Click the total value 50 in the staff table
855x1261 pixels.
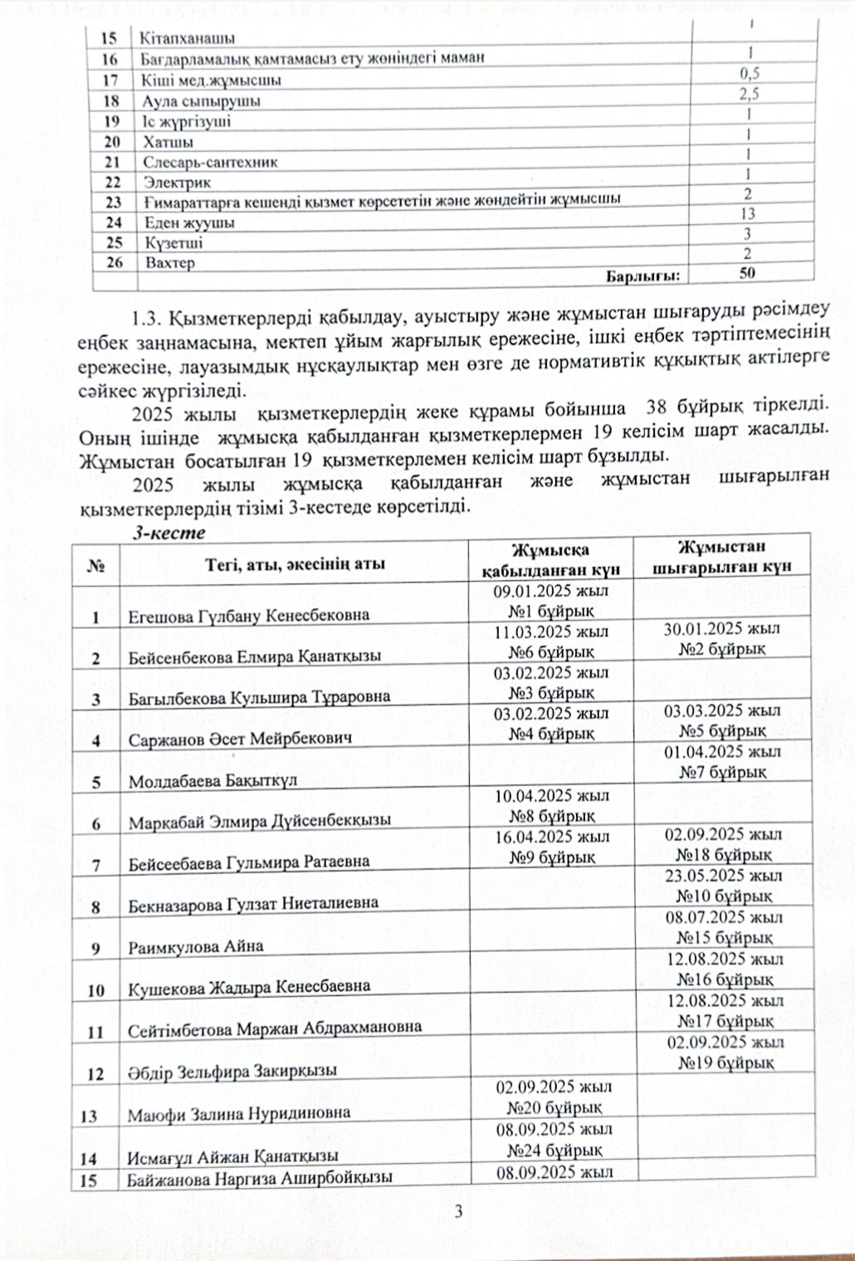(747, 275)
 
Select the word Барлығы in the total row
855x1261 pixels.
(642, 276)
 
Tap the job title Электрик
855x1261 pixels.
(178, 183)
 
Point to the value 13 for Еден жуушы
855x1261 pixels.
(748, 214)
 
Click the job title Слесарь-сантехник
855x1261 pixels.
(210, 163)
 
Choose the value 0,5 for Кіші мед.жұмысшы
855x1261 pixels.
(750, 73)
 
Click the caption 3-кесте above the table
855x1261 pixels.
(170, 534)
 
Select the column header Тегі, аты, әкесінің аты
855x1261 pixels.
(295, 565)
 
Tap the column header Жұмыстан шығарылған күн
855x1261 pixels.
(721, 556)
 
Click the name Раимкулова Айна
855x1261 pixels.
(196, 946)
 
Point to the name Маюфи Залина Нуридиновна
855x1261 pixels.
(239, 1113)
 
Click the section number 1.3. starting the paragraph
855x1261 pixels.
(149, 318)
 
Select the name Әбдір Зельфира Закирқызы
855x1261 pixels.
(232, 1072)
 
